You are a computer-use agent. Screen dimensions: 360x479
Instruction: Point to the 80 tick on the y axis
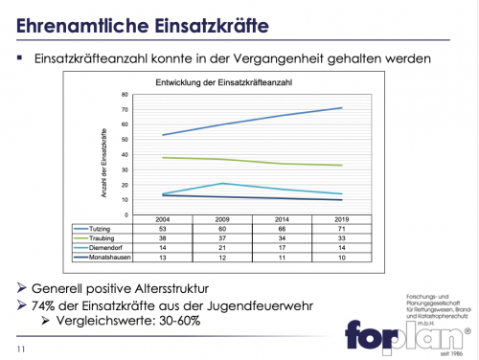[x=125, y=96]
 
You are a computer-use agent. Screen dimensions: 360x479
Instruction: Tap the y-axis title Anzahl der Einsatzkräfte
[x=102, y=153]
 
